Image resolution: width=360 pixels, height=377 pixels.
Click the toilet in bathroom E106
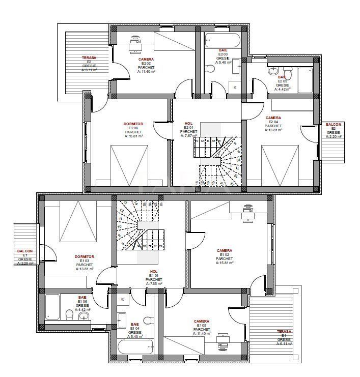point(71,315)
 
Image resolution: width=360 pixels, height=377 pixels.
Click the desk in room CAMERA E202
point(134,41)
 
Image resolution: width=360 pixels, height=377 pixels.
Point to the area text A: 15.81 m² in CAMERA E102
point(225,263)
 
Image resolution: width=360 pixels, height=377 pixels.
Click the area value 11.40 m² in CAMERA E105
point(202,333)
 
